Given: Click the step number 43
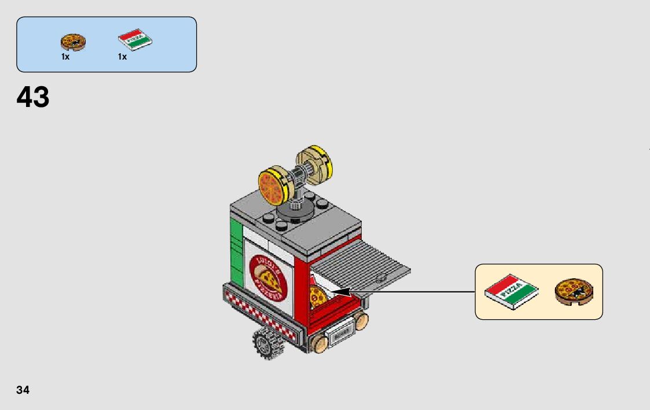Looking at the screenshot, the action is [x=33, y=97].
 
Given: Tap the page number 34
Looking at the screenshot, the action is [x=23, y=390].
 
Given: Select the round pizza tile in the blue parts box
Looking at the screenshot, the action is [x=74, y=42].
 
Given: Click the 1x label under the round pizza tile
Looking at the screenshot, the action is [x=65, y=57].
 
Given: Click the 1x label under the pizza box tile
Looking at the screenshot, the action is [x=122, y=57].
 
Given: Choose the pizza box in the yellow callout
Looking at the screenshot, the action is [x=511, y=290].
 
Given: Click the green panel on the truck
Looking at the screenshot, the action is [x=236, y=251].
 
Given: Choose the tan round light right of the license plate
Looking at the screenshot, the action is [x=362, y=321].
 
